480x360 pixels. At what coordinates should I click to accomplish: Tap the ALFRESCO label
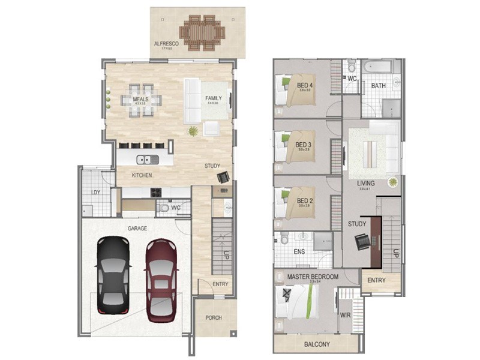coord(164,44)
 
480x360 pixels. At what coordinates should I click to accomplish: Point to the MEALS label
coord(140,99)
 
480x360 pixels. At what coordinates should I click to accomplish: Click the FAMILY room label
coord(213,98)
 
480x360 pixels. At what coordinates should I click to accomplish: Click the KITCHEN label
coord(142,175)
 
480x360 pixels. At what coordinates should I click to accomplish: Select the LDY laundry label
coord(95,193)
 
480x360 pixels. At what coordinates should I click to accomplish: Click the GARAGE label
coord(137,229)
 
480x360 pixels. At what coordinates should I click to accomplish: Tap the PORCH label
coord(214,318)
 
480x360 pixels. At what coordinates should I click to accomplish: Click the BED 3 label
coord(304,145)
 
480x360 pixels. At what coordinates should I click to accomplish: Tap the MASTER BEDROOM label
coord(313,277)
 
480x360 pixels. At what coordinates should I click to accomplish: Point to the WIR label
coord(345,314)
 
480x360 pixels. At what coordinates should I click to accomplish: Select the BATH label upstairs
coord(378,86)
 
